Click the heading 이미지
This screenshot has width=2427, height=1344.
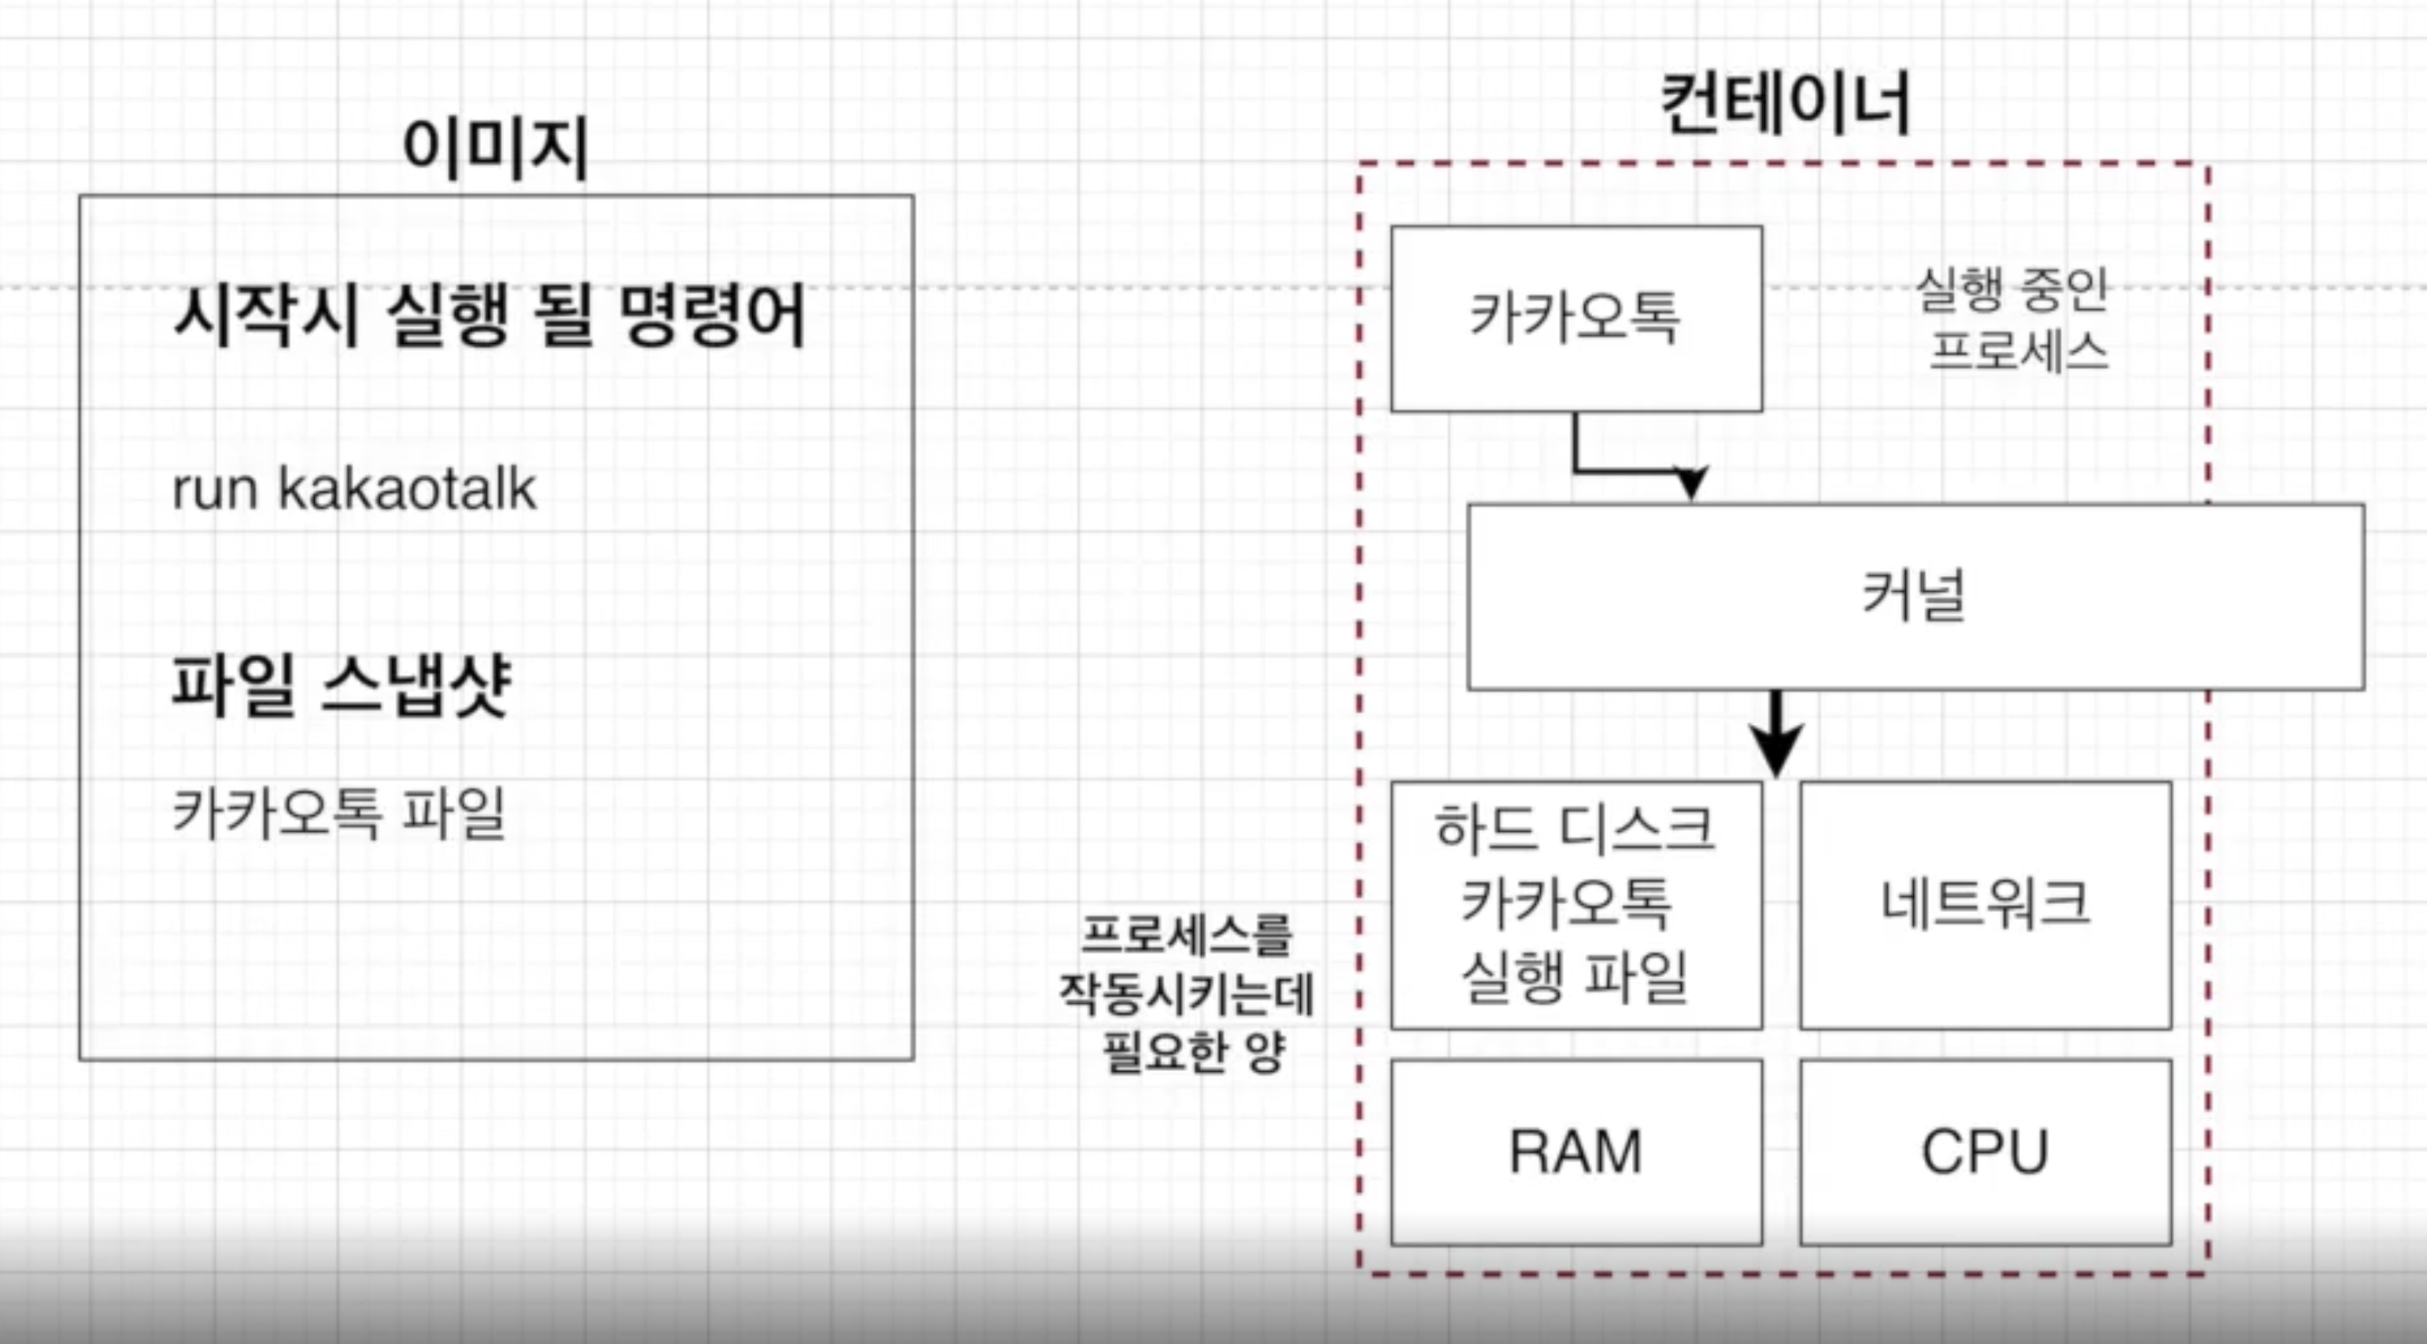pyautogui.click(x=496, y=149)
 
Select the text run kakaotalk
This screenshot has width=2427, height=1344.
pyautogui.click(x=354, y=489)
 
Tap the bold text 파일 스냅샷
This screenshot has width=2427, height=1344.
pyautogui.click(x=341, y=685)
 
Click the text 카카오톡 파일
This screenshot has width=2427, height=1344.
pyautogui.click(x=340, y=813)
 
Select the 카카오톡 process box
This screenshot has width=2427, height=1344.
pyautogui.click(x=1576, y=319)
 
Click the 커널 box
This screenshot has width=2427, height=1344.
pyautogui.click(x=1915, y=596)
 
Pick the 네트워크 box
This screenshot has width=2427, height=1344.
pyautogui.click(x=1986, y=904)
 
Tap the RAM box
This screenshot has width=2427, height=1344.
pyautogui.click(x=1576, y=1152)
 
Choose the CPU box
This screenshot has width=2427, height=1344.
pyautogui.click(x=1986, y=1152)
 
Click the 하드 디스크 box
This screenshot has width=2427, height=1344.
pyautogui.click(x=1576, y=904)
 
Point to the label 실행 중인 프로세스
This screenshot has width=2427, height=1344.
pyautogui.click(x=2013, y=320)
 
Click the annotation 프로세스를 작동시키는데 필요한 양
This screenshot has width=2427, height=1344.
pyautogui.click(x=1187, y=994)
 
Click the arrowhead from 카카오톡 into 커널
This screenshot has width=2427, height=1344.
pyautogui.click(x=1691, y=482)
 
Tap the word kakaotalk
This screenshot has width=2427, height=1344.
pyautogui.click(x=407, y=489)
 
